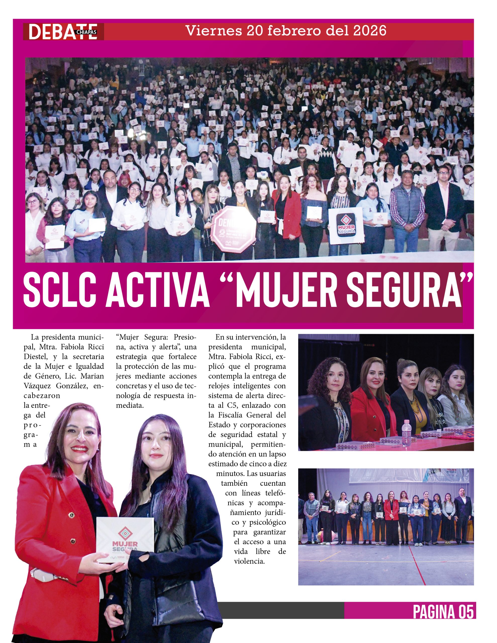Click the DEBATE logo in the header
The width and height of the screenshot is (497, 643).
[63, 31]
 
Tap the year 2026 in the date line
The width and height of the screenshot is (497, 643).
[369, 31]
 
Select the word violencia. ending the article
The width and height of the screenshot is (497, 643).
[249, 561]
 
